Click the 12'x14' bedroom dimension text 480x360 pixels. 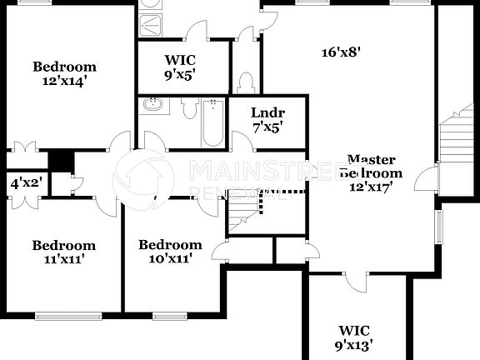point(64,82)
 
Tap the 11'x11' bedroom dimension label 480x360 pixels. point(63,259)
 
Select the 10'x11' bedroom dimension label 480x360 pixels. point(170,258)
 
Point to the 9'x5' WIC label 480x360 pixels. point(181,74)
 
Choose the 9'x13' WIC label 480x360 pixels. point(354,343)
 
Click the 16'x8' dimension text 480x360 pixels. point(342,52)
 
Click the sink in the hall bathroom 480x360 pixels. point(152,105)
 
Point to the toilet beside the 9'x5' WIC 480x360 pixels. point(245,82)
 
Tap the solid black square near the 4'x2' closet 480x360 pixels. point(60,159)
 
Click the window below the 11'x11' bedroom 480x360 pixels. point(67,315)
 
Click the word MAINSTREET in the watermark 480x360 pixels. point(251,171)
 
